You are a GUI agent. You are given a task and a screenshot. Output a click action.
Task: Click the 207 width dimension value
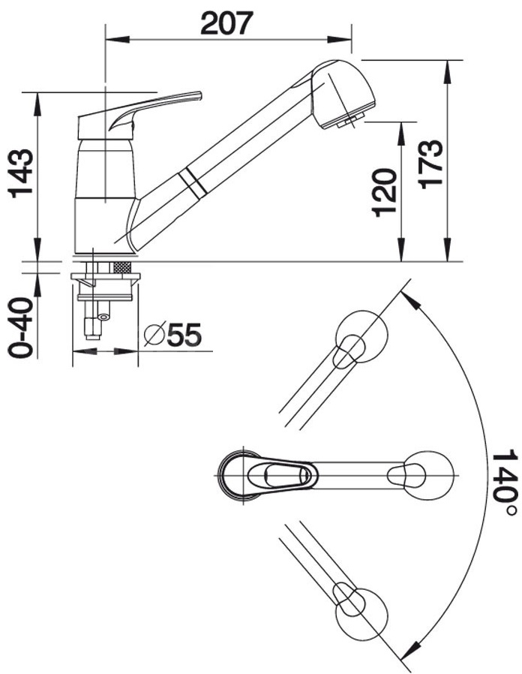pos(226,23)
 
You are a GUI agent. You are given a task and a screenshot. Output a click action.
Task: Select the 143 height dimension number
pos(21,173)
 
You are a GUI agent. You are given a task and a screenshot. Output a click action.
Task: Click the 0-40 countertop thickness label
pos(20,326)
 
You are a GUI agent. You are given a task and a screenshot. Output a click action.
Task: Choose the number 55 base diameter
pos(184,335)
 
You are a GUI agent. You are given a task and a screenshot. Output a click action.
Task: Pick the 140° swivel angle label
pos(503,484)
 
